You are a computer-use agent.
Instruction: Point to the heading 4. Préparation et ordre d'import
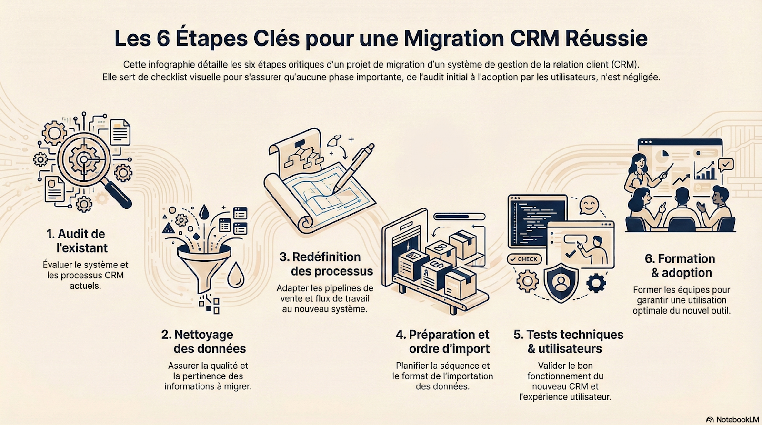coord(443,342)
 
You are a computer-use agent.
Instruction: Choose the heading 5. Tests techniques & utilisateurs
coord(568,342)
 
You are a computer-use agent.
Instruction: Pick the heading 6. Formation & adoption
coord(680,266)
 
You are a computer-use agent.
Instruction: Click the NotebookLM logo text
coord(737,419)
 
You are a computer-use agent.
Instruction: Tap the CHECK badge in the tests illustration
coord(524,259)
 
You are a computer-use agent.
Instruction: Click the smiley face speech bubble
coord(589,205)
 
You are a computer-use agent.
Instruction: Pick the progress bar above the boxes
coord(460,217)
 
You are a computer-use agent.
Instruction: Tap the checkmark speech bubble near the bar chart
coord(726,165)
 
